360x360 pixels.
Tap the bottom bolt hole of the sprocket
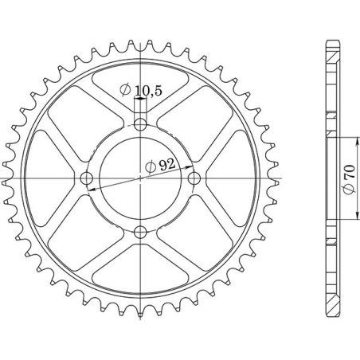141,232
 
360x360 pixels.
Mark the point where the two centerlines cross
141,178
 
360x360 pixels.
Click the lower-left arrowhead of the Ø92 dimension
92,189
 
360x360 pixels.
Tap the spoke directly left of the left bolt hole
52,178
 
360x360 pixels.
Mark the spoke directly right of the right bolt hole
230,178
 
